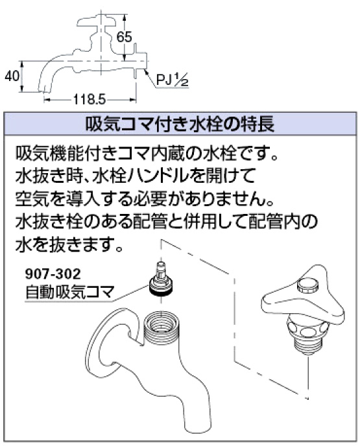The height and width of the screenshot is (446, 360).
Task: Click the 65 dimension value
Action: (x=125, y=37)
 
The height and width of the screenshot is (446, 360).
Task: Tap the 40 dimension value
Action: (x=12, y=76)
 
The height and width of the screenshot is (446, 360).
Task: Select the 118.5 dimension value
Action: (x=90, y=100)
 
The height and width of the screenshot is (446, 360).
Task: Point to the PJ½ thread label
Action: (x=172, y=80)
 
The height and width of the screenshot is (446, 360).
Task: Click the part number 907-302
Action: (x=53, y=274)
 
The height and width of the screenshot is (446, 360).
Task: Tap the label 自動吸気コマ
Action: (x=69, y=292)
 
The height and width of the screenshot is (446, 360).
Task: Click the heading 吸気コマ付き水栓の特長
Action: (x=180, y=124)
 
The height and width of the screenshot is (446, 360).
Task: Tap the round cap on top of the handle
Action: (x=308, y=285)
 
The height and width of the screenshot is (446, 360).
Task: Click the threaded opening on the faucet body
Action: (x=162, y=324)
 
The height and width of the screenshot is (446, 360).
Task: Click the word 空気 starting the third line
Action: (x=32, y=199)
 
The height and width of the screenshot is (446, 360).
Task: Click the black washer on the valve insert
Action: (x=161, y=292)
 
